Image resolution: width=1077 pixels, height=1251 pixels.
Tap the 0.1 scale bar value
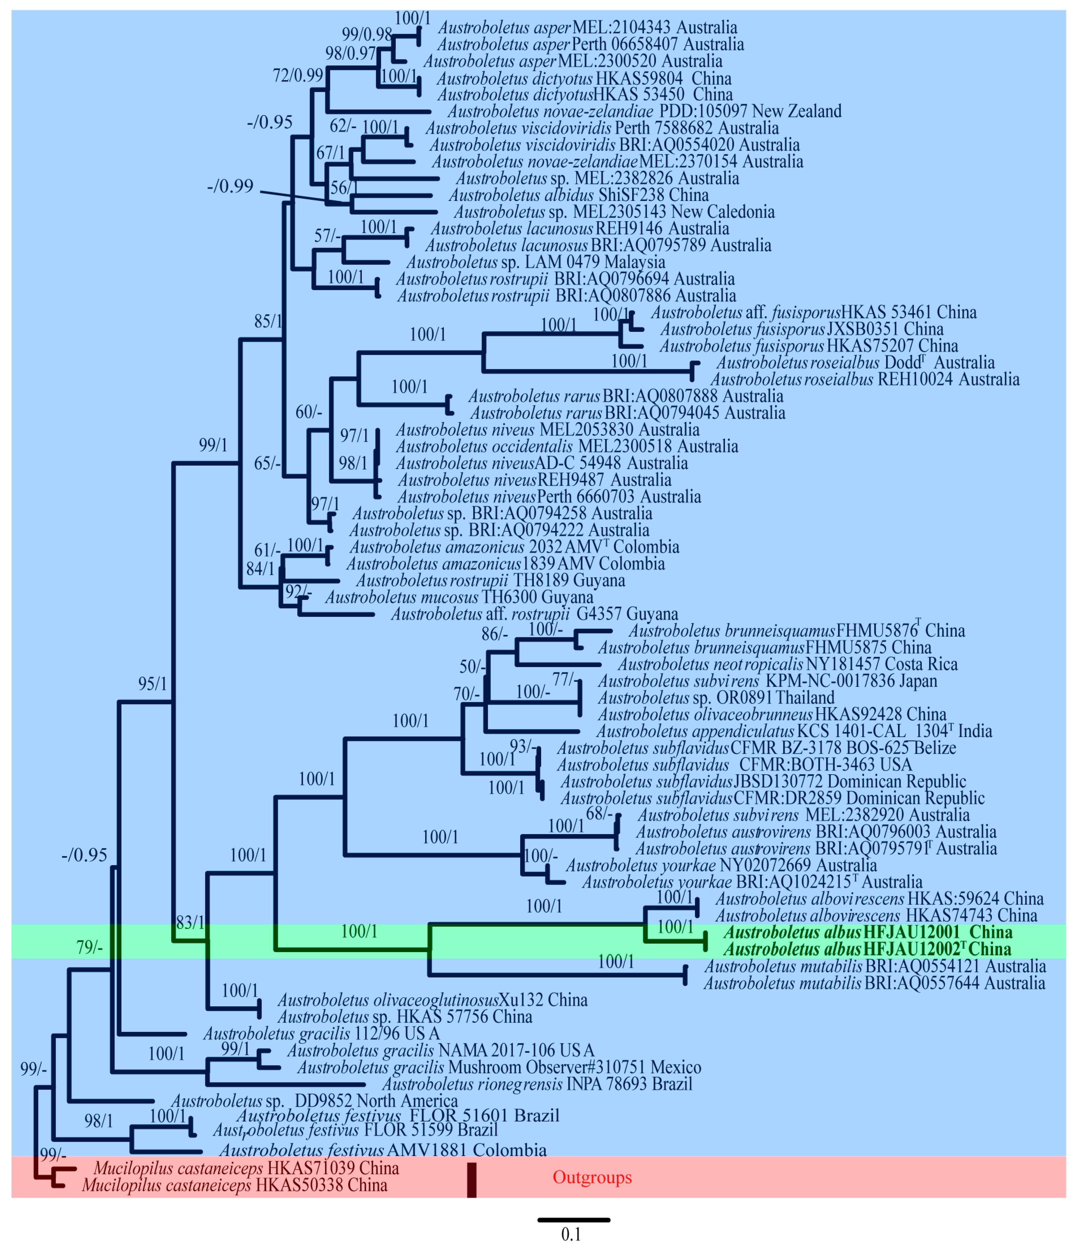(571, 1234)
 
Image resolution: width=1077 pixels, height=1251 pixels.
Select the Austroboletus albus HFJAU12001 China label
(868, 932)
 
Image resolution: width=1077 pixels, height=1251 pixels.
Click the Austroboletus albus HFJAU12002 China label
(868, 949)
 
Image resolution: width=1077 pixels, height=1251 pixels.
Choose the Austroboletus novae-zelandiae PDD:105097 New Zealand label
(644, 111)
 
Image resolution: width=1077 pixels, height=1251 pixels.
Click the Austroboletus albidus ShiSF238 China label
(578, 195)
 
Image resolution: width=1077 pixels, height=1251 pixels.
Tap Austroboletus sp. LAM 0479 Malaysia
(535, 262)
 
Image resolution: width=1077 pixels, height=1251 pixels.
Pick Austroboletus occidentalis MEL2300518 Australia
(567, 446)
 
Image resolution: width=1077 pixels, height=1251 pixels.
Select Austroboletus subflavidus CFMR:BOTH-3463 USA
(734, 764)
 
